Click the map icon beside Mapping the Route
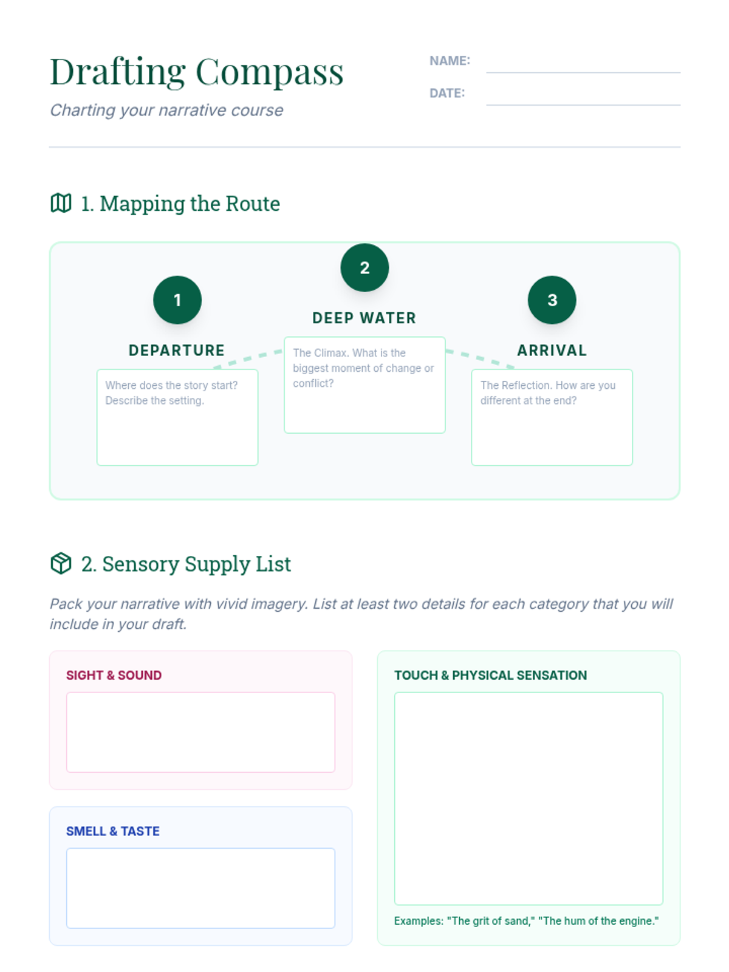(x=61, y=204)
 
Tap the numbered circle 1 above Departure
(x=177, y=300)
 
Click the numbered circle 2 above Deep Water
(x=364, y=268)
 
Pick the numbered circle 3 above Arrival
(x=552, y=300)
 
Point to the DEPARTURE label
(x=177, y=351)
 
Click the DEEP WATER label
(x=364, y=318)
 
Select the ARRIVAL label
(x=552, y=351)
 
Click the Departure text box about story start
(x=177, y=425)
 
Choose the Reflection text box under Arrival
(x=552, y=425)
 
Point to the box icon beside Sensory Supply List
(x=61, y=564)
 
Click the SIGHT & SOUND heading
(x=114, y=676)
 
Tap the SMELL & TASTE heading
(x=112, y=832)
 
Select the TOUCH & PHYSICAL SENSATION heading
(x=490, y=676)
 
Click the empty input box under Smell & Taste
(x=200, y=888)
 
